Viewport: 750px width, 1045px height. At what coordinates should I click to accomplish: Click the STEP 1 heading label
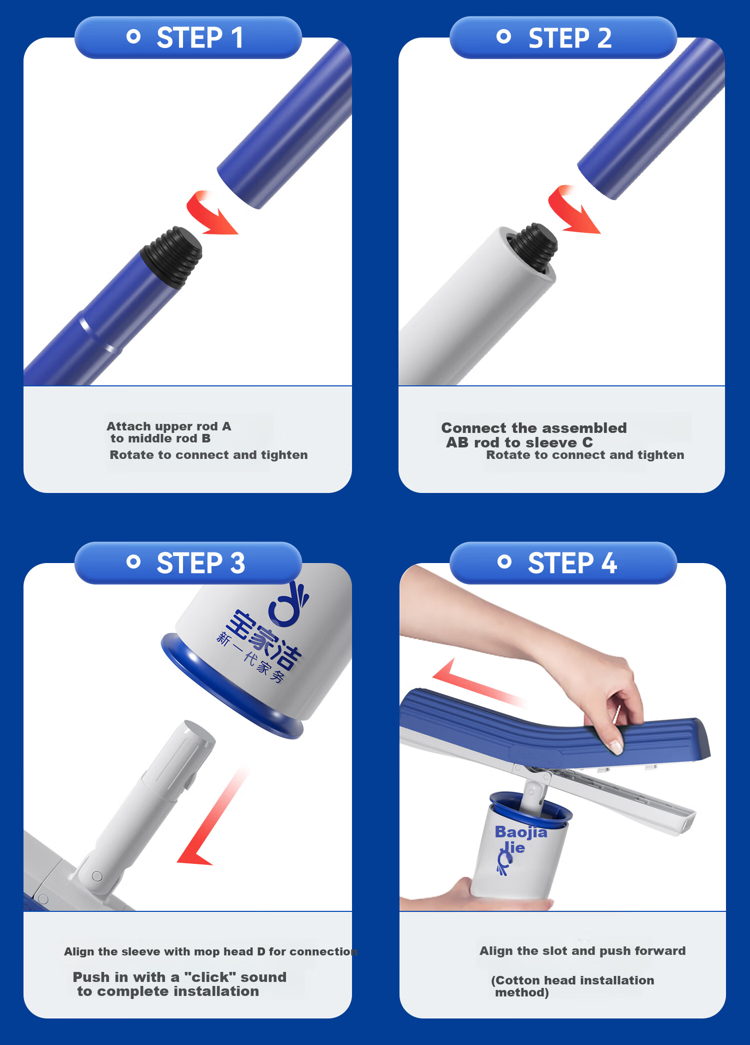(x=200, y=38)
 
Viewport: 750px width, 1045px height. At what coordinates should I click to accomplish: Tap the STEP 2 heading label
(x=570, y=38)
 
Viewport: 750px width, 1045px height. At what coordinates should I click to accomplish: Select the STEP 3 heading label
(x=200, y=563)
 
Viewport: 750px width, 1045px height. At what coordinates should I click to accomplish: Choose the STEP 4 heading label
(x=572, y=563)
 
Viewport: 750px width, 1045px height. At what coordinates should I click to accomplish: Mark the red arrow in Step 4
(x=477, y=683)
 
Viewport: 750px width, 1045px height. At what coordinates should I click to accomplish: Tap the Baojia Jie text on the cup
(x=520, y=839)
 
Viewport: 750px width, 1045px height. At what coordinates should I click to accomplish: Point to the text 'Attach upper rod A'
(x=169, y=426)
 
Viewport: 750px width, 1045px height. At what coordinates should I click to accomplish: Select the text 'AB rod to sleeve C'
(x=519, y=442)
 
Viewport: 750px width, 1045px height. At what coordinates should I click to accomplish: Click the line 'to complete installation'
(x=168, y=991)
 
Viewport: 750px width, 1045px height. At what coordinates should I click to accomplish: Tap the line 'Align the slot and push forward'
(x=582, y=951)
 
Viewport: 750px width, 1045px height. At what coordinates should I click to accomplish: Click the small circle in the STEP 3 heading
(x=133, y=562)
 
